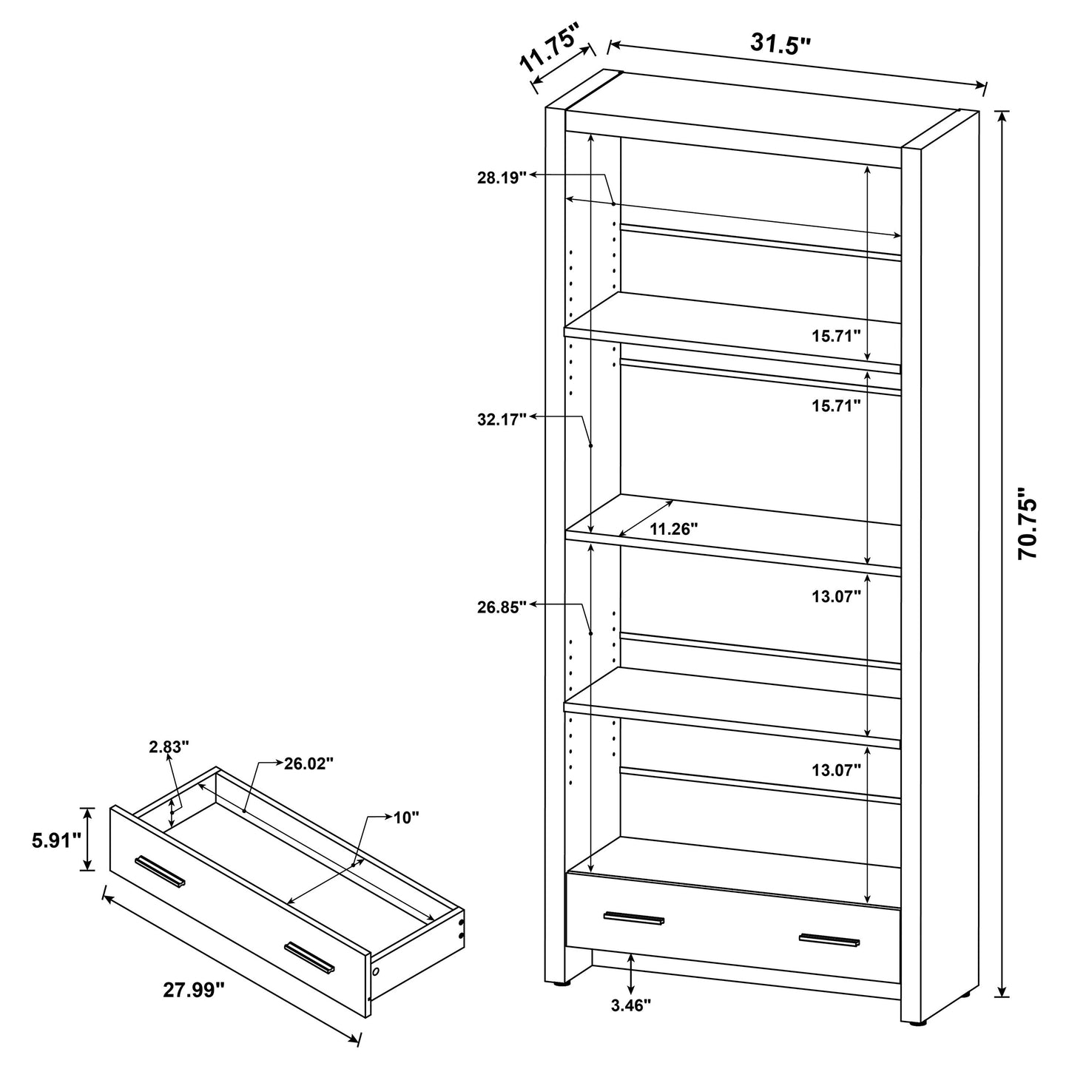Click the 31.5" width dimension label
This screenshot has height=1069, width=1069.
(x=780, y=44)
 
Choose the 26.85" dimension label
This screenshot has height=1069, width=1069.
(x=502, y=607)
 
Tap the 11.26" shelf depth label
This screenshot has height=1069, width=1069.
(x=674, y=529)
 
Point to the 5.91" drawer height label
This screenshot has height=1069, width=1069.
(x=56, y=841)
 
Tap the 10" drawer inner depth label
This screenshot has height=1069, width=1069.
(x=406, y=817)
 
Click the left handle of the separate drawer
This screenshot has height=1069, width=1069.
(x=161, y=871)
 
